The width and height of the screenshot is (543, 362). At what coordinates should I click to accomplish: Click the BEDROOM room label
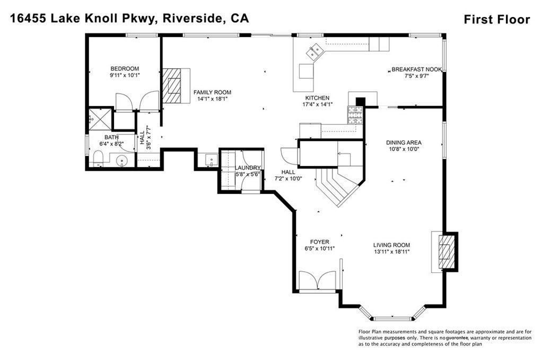click(125, 68)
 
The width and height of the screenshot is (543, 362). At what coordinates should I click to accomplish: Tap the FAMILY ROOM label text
click(212, 92)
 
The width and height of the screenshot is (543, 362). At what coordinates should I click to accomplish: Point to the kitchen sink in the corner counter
click(316, 51)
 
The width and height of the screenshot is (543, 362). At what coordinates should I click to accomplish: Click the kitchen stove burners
click(354, 115)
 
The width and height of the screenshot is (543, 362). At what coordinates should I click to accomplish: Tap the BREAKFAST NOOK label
click(417, 69)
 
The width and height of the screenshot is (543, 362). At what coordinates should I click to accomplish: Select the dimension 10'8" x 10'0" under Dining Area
click(404, 149)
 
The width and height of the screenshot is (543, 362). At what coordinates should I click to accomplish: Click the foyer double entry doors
click(317, 280)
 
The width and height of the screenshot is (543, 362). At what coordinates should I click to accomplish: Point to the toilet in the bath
click(97, 158)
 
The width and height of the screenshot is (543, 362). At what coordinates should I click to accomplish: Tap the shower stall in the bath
click(100, 119)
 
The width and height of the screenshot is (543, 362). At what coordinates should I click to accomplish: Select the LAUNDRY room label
click(248, 168)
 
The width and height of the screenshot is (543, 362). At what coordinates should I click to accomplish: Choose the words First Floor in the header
click(496, 20)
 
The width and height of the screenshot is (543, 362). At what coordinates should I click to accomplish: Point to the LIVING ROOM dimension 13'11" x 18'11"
click(391, 252)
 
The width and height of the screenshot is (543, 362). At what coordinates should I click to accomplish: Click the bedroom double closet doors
click(137, 101)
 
